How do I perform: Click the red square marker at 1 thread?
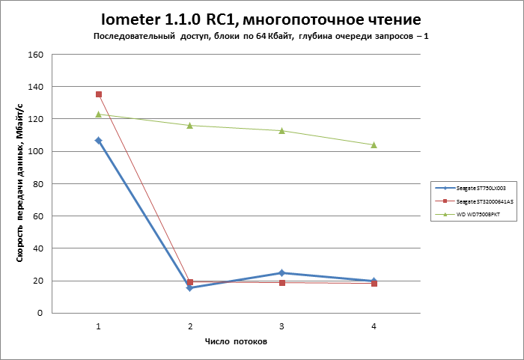click(99, 94)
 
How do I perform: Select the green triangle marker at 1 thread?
click(99, 114)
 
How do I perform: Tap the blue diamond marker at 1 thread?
click(99, 140)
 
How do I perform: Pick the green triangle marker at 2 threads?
click(190, 125)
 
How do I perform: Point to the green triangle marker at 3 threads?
click(282, 130)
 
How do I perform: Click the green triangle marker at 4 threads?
click(374, 144)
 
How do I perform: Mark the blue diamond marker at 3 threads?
click(282, 272)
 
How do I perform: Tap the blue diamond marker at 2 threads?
click(190, 288)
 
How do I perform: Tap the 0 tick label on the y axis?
click(43, 313)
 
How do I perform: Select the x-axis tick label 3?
click(282, 326)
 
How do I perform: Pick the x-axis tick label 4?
click(374, 326)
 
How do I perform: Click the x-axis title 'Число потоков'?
click(237, 341)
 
